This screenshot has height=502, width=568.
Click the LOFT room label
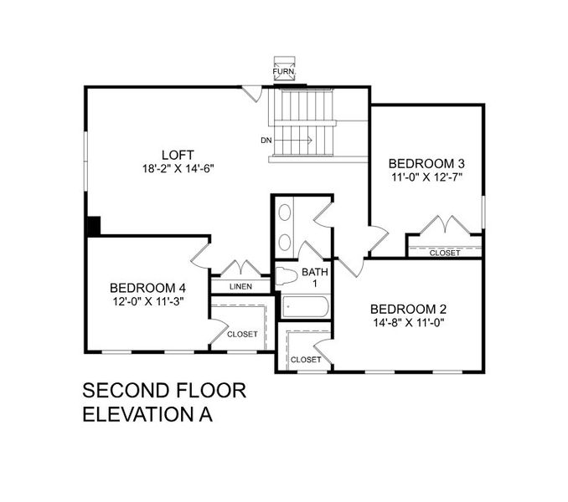pyautogui.click(x=178, y=155)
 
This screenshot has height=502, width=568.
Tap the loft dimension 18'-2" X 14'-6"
pyautogui.click(x=178, y=167)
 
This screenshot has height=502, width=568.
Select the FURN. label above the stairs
pyautogui.click(x=282, y=73)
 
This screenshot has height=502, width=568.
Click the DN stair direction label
pyautogui.click(x=266, y=140)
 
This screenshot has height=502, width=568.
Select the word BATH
pyautogui.click(x=315, y=272)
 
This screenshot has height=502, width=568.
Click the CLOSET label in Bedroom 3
pyautogui.click(x=444, y=253)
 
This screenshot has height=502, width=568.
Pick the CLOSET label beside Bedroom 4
pyautogui.click(x=242, y=334)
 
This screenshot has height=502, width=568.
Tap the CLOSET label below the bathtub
pyautogui.click(x=305, y=359)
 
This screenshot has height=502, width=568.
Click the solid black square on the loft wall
pyautogui.click(x=94, y=226)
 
